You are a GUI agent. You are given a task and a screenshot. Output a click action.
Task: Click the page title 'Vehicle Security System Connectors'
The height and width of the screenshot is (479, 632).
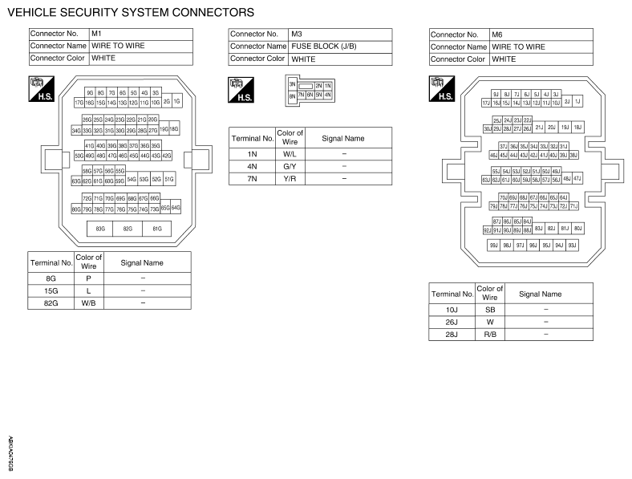[x=131, y=12]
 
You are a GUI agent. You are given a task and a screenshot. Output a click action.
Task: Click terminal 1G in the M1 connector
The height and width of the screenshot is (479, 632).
[x=176, y=102]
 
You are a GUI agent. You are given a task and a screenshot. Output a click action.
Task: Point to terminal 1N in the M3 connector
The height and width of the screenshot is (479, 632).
[x=328, y=85]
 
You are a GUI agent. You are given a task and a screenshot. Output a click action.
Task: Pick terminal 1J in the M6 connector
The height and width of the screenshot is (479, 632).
[x=577, y=102]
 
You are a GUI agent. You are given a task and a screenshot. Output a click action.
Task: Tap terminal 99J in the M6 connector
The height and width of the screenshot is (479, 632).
[x=495, y=245]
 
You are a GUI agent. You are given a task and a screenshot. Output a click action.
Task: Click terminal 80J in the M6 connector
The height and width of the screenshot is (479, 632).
[x=577, y=229]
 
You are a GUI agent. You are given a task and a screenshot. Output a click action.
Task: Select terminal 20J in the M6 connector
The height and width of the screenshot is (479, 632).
[x=552, y=127]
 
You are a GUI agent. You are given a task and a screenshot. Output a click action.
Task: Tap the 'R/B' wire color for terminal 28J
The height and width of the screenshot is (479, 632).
[x=490, y=334]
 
